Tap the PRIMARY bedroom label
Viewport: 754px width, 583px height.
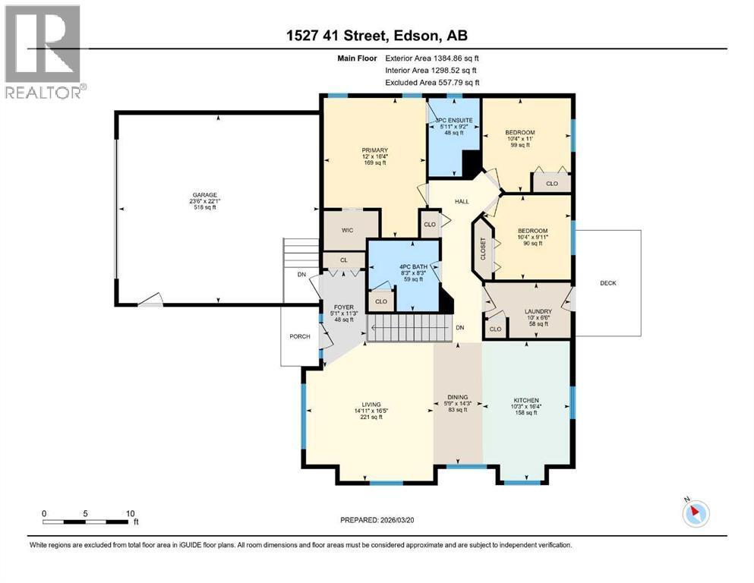[x=374, y=150]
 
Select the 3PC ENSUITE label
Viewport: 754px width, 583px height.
[x=454, y=121]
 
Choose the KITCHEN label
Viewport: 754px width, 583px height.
[x=526, y=400]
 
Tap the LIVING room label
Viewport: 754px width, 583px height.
[x=371, y=405]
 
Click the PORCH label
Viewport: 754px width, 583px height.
[x=300, y=336]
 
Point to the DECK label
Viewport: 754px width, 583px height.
[x=607, y=283]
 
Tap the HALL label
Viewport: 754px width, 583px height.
[x=462, y=201]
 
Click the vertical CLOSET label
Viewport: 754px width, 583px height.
[x=483, y=249]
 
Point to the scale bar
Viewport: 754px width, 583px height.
[x=84, y=522]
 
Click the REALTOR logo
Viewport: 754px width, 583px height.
[x=43, y=52]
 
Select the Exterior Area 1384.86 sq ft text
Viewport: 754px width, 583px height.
[x=432, y=57]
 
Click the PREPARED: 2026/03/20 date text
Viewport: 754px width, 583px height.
[x=378, y=520]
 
